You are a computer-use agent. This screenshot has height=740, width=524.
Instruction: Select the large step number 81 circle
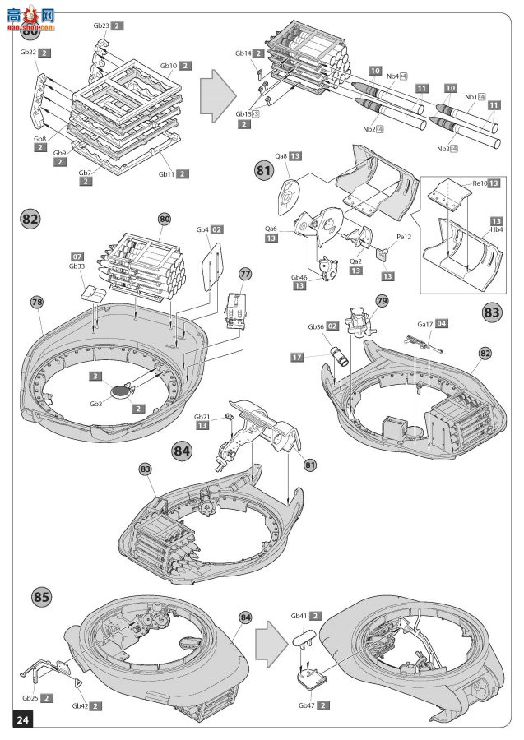click(x=264, y=172)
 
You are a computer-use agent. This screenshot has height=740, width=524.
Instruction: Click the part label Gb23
click(x=101, y=26)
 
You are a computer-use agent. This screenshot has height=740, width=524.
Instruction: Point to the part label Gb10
click(x=168, y=66)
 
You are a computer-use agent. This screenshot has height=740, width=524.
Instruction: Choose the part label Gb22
click(x=27, y=53)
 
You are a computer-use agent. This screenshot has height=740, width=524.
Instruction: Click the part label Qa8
click(x=281, y=155)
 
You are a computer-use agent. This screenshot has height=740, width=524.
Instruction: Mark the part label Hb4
click(x=497, y=230)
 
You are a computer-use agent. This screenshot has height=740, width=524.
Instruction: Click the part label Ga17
click(x=425, y=325)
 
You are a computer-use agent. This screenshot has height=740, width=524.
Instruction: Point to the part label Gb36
click(x=316, y=326)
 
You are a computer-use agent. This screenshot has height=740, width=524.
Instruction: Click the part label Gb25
click(x=29, y=698)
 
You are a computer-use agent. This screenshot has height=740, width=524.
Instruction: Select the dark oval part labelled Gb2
click(x=121, y=391)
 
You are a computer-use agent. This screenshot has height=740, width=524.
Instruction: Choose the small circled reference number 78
click(x=36, y=303)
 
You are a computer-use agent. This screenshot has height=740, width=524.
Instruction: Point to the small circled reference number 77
click(x=245, y=272)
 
